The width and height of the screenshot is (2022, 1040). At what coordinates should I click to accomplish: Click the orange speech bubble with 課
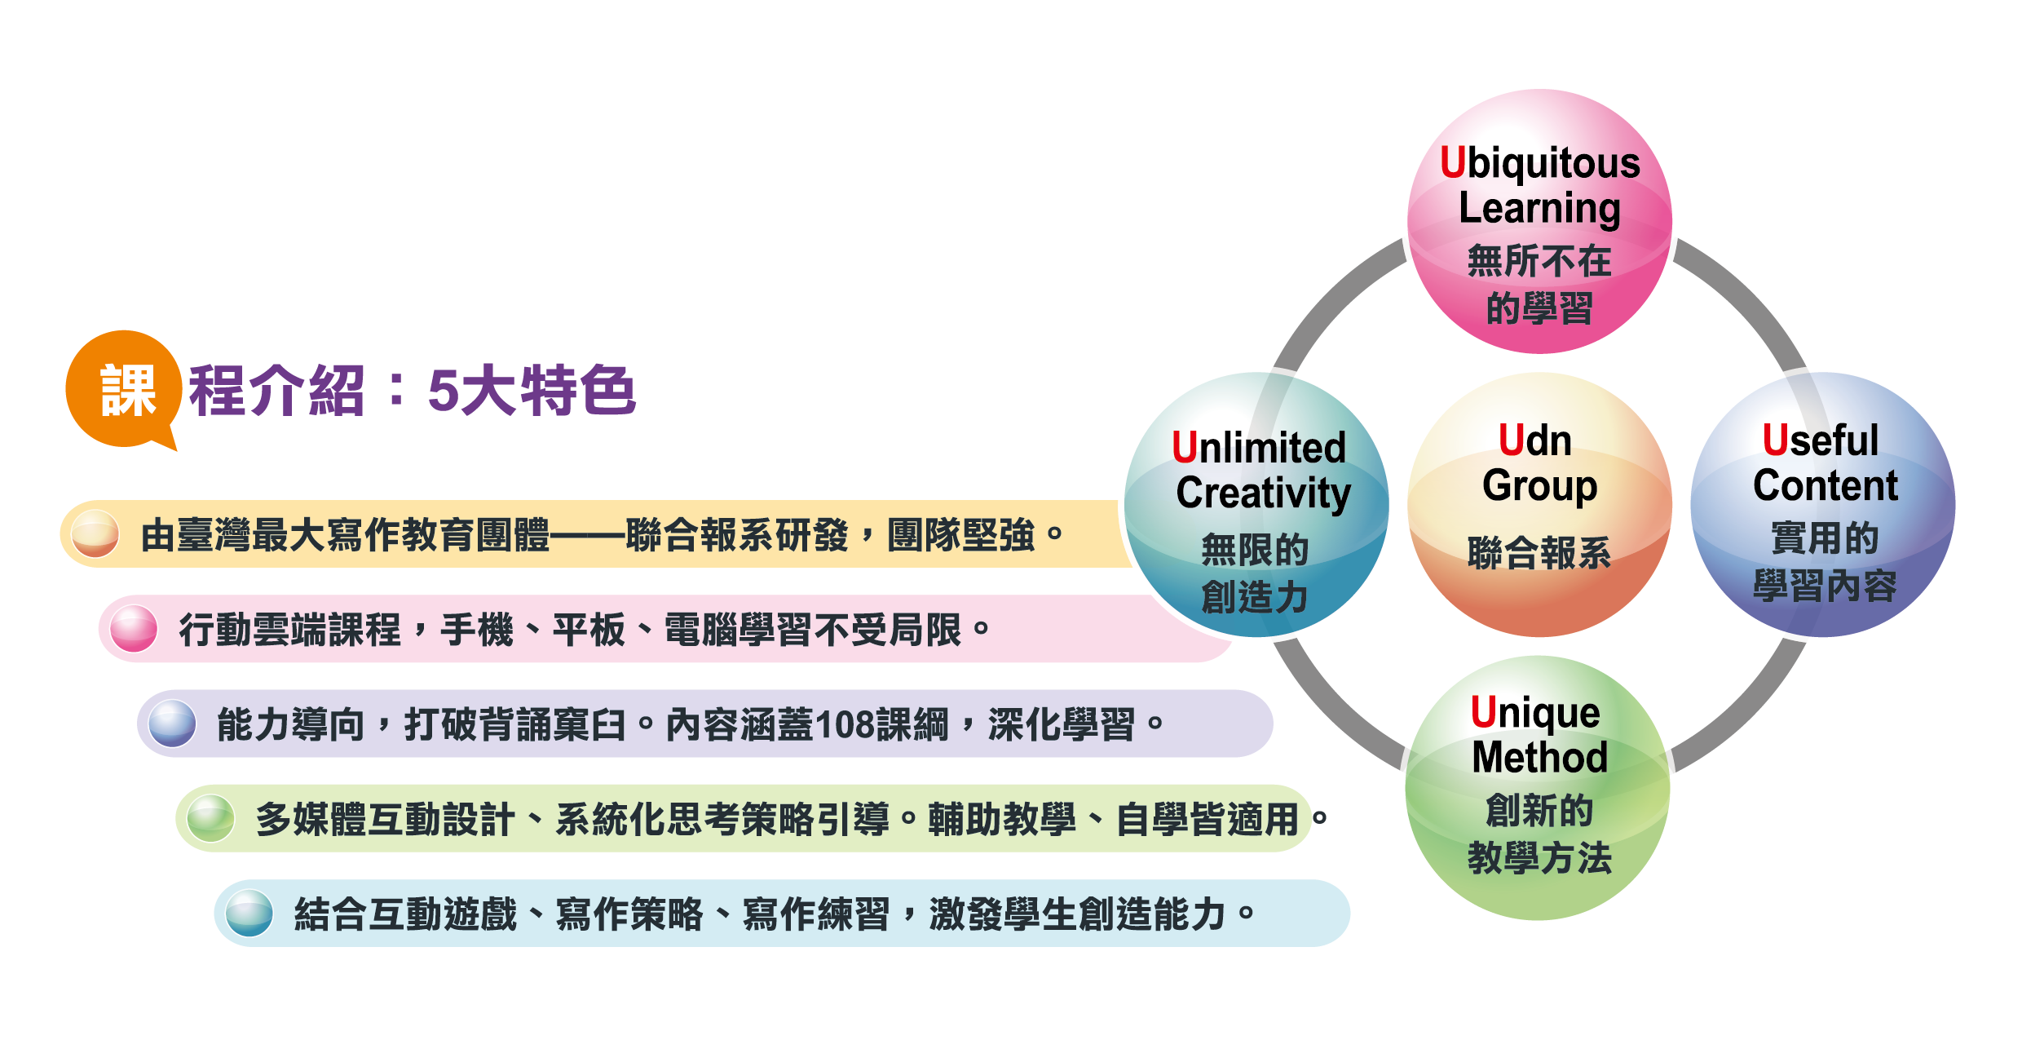click(x=124, y=389)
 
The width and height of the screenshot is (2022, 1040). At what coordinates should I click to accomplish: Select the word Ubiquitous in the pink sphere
click(x=1539, y=164)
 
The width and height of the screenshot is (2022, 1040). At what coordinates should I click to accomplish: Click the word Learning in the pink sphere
click(x=1539, y=209)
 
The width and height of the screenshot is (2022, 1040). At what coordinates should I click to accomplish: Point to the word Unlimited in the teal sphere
click(x=1258, y=448)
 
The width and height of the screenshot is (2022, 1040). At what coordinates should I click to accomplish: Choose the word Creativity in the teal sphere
click(x=1263, y=493)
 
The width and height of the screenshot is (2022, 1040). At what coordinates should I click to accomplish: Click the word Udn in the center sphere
click(x=1535, y=441)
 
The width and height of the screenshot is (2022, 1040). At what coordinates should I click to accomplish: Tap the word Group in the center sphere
click(x=1539, y=486)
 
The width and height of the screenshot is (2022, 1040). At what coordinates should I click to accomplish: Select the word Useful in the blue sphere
click(x=1820, y=441)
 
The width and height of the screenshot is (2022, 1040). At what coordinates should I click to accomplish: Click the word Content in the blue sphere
click(x=1825, y=486)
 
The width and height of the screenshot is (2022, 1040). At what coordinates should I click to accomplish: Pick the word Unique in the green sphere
click(x=1535, y=714)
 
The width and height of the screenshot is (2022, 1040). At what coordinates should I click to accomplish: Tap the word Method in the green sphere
click(x=1539, y=758)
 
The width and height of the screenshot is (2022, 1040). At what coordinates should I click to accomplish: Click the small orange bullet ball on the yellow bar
click(x=95, y=534)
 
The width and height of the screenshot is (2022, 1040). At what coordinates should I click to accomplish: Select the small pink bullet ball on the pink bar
click(x=134, y=629)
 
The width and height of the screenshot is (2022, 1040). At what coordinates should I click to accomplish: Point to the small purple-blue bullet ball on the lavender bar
click(x=172, y=724)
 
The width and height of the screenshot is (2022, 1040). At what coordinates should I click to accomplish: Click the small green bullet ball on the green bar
click(x=211, y=818)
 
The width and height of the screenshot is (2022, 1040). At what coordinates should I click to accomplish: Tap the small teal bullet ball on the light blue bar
click(x=249, y=913)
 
